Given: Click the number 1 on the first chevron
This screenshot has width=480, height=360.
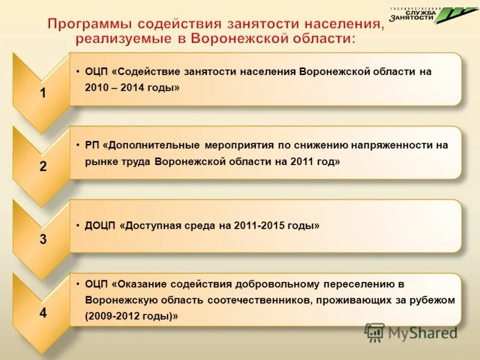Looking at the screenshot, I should click(x=43, y=93).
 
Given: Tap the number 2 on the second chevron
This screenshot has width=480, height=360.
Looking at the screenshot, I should click(x=43, y=167).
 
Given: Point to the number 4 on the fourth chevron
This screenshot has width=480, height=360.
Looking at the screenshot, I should click(x=43, y=313).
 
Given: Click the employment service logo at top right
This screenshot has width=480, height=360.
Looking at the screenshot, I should click(x=425, y=15).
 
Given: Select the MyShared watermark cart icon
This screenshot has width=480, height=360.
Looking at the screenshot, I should click(x=374, y=332).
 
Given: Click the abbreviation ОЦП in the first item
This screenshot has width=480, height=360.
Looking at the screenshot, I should click(x=97, y=71).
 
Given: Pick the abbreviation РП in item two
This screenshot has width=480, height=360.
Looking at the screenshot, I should click(x=93, y=145).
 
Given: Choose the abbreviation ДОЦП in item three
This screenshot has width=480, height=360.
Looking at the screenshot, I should click(x=101, y=226).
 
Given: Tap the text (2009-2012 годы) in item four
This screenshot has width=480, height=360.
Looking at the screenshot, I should click(x=131, y=316).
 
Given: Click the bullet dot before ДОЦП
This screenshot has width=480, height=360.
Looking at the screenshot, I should click(x=79, y=226).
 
